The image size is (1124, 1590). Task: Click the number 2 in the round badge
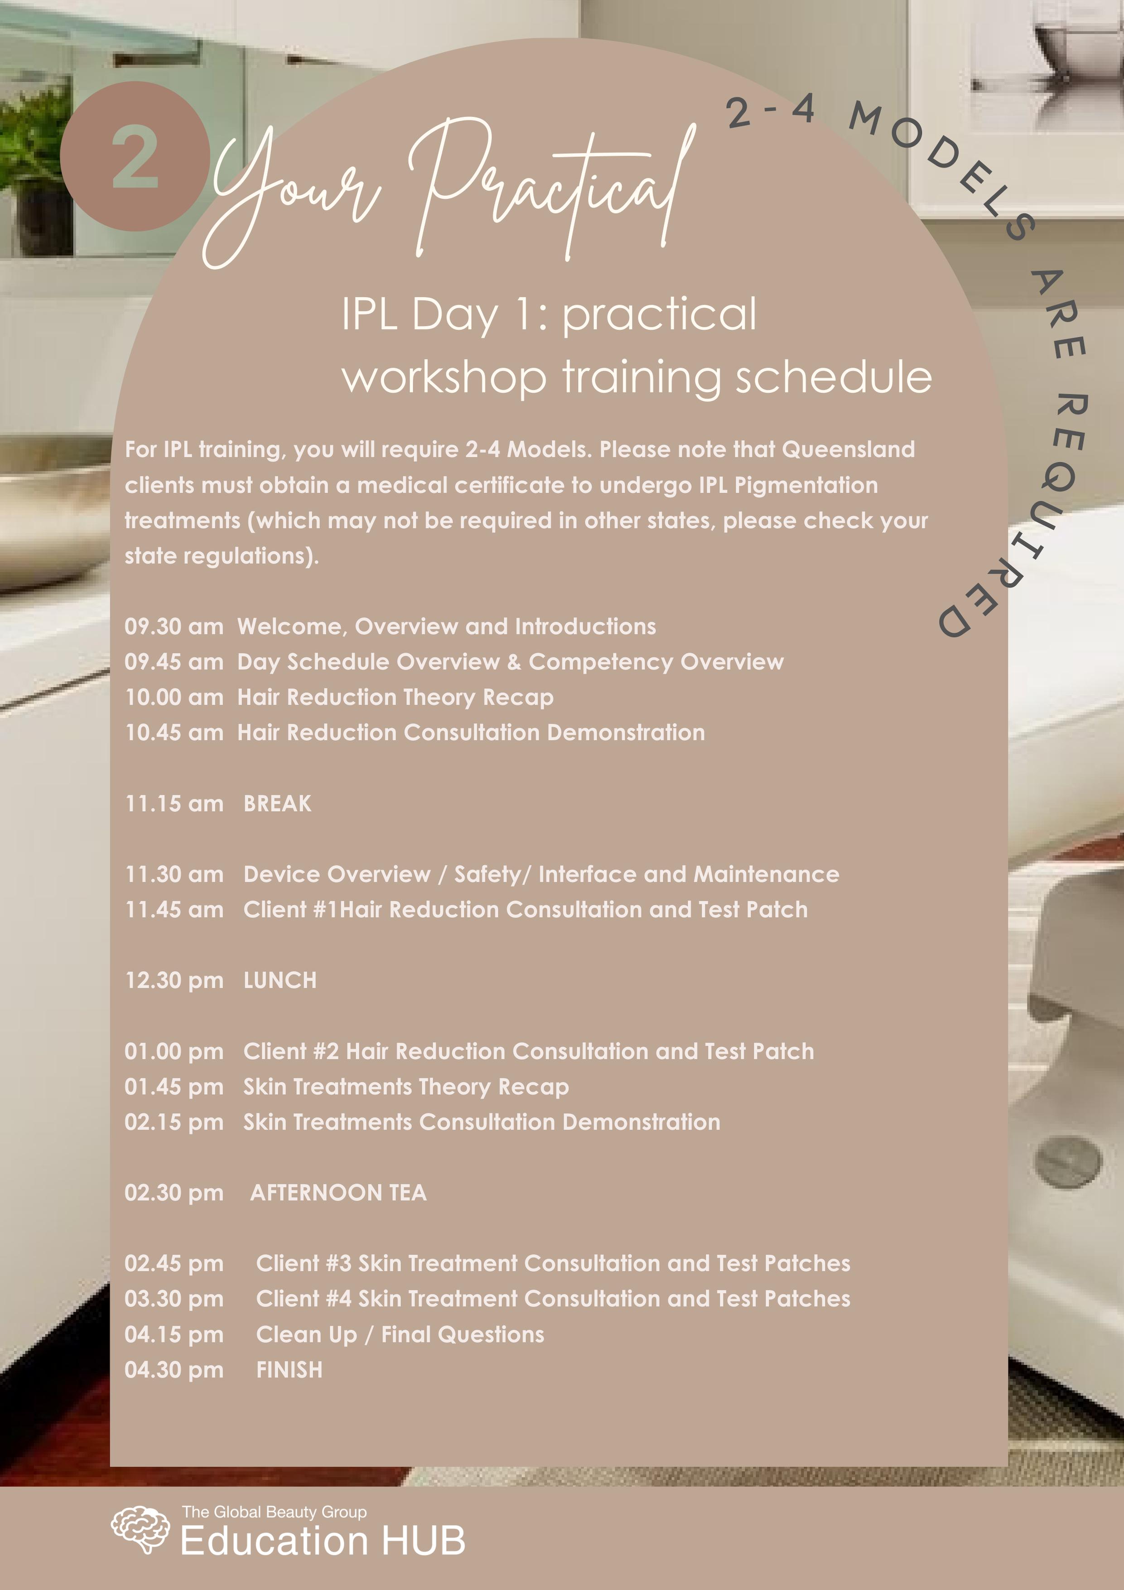point(135,158)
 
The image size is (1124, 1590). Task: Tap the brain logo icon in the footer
point(140,1528)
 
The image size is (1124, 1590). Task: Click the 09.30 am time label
point(174,627)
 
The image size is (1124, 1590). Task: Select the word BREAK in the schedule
point(277,803)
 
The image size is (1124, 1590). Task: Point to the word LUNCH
point(280,981)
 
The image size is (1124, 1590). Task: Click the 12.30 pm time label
point(174,981)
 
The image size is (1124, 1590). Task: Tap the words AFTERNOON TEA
point(338,1193)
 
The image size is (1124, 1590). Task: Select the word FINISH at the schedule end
point(289,1370)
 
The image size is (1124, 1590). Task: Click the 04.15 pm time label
point(174,1334)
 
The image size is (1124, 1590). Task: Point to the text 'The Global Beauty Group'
point(274,1512)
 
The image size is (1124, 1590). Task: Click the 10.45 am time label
point(174,733)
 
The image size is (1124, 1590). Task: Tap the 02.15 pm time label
point(174,1122)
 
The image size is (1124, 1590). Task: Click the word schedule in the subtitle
point(833,377)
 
